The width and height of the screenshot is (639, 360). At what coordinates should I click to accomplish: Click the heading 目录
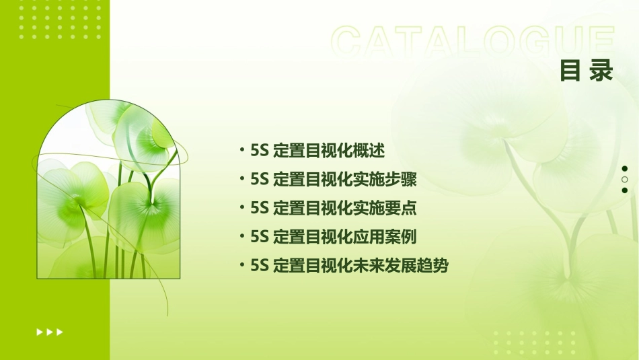point(587,71)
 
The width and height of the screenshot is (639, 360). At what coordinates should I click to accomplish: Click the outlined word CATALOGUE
point(473,42)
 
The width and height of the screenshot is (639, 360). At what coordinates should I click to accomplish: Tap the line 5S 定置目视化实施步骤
point(333,180)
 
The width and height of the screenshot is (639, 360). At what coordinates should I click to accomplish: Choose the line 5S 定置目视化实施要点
point(333,209)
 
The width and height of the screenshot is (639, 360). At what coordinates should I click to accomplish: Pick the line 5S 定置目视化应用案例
point(333,237)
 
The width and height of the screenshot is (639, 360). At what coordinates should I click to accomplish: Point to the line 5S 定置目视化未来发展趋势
point(348,266)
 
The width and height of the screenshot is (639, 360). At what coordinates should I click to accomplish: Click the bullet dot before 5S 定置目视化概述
point(241,151)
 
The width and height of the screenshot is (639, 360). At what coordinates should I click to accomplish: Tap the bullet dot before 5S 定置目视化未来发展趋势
point(241,265)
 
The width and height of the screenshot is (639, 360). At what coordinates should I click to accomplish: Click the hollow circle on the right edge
point(624,180)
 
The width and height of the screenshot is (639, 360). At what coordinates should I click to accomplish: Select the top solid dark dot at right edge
point(624,169)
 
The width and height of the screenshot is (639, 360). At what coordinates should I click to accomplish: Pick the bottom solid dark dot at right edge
point(624,190)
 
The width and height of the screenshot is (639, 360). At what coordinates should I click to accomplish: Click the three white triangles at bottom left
point(50,332)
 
